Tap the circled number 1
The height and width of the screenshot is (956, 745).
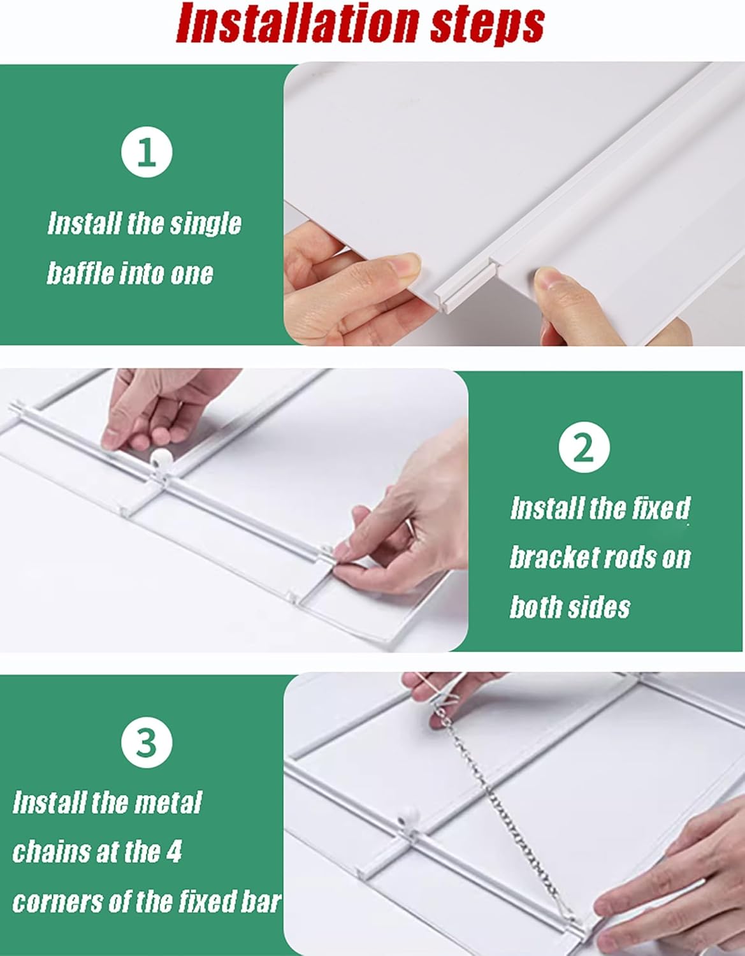(147, 153)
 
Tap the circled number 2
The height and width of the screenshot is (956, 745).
(584, 447)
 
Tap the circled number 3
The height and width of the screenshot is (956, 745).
(147, 743)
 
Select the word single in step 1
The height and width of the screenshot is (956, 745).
(208, 224)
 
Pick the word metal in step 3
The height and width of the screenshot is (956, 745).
(169, 802)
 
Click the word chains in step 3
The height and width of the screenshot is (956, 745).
(54, 852)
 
